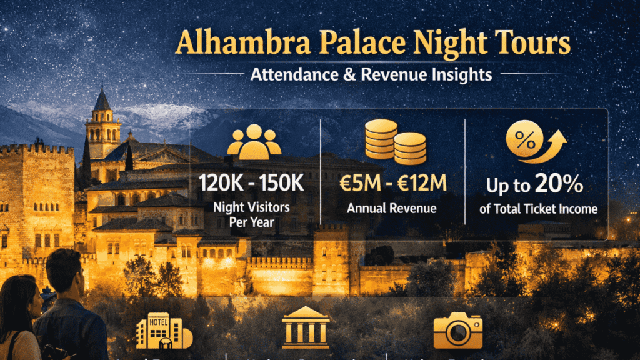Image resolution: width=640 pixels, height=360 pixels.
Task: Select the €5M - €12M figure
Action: pos(393,184)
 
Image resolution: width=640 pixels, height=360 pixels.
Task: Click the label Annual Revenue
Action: pos(392,208)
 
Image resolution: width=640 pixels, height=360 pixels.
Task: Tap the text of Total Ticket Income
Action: pos(538,209)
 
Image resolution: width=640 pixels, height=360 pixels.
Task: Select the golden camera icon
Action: pos(458,329)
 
